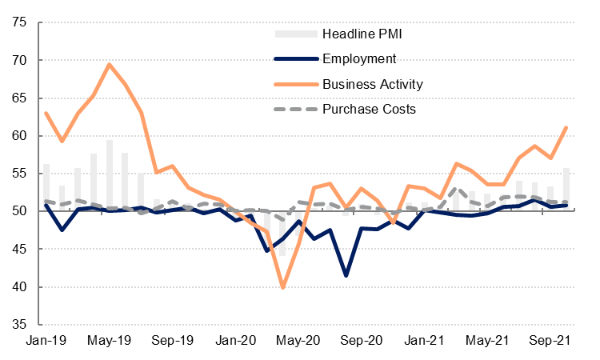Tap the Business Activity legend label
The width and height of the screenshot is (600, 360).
(372, 83)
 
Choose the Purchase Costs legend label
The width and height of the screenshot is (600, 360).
(369, 108)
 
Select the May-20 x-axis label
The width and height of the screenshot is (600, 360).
(299, 341)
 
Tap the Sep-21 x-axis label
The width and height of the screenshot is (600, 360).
(551, 341)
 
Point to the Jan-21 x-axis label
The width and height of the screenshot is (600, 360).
(426, 341)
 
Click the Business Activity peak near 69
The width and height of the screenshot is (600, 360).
(109, 65)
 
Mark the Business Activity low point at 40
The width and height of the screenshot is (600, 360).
(283, 286)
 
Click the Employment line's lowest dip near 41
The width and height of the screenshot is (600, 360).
(346, 275)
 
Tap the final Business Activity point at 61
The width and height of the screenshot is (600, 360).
(566, 128)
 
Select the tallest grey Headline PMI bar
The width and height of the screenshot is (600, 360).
(110, 176)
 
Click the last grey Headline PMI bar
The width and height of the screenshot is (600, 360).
(566, 190)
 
